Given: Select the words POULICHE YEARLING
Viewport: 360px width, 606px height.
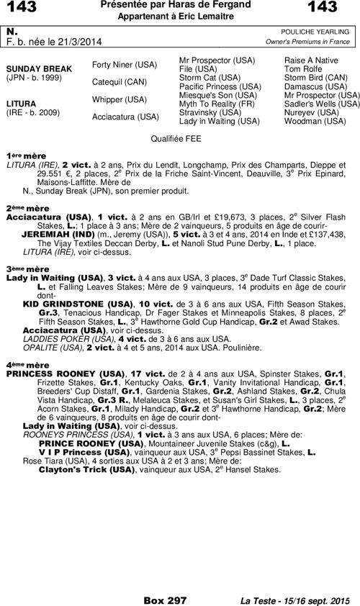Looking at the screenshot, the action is tap(317, 32).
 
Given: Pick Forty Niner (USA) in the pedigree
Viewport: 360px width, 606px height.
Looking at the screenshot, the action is tap(125, 65).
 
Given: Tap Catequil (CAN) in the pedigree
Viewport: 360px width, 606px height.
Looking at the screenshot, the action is tap(120, 82).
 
